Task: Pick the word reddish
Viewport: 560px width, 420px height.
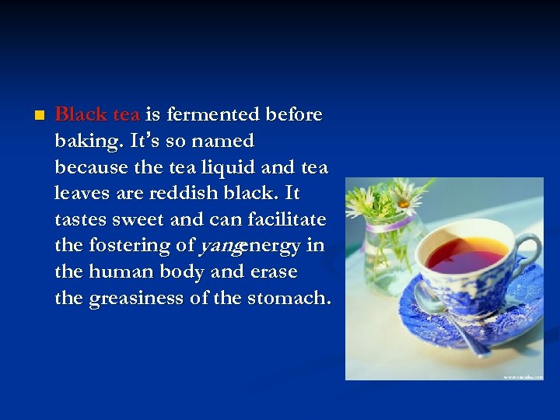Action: coord(174,194)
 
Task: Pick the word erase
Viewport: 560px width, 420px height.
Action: coord(274,272)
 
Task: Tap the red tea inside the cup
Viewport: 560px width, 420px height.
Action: coord(467,256)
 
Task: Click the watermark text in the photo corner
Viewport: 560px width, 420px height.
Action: coord(522,376)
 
